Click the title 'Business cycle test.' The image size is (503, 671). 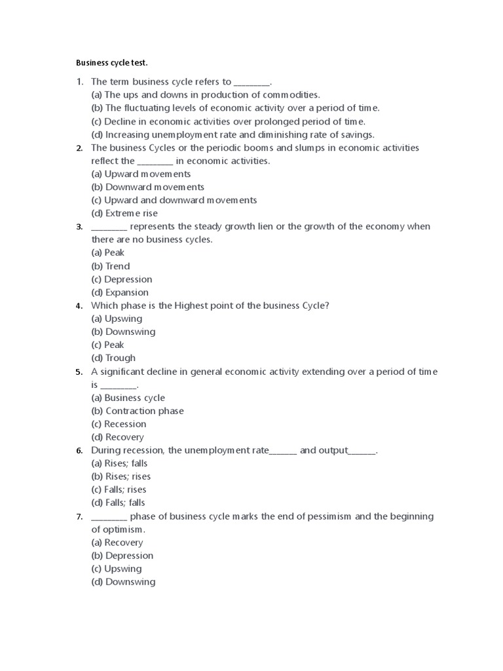pos(112,63)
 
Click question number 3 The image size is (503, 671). pos(79,227)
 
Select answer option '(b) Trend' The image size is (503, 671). pos(111,266)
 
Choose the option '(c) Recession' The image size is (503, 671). pos(119,424)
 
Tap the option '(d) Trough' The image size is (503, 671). pos(113,358)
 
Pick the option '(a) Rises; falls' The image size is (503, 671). pos(119,463)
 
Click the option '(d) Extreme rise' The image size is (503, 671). pos(124,213)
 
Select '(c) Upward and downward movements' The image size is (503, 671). pos(174,200)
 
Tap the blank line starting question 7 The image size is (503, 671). pos(109,517)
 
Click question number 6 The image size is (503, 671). pos(79,451)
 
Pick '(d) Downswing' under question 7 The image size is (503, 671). pos(123,582)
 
